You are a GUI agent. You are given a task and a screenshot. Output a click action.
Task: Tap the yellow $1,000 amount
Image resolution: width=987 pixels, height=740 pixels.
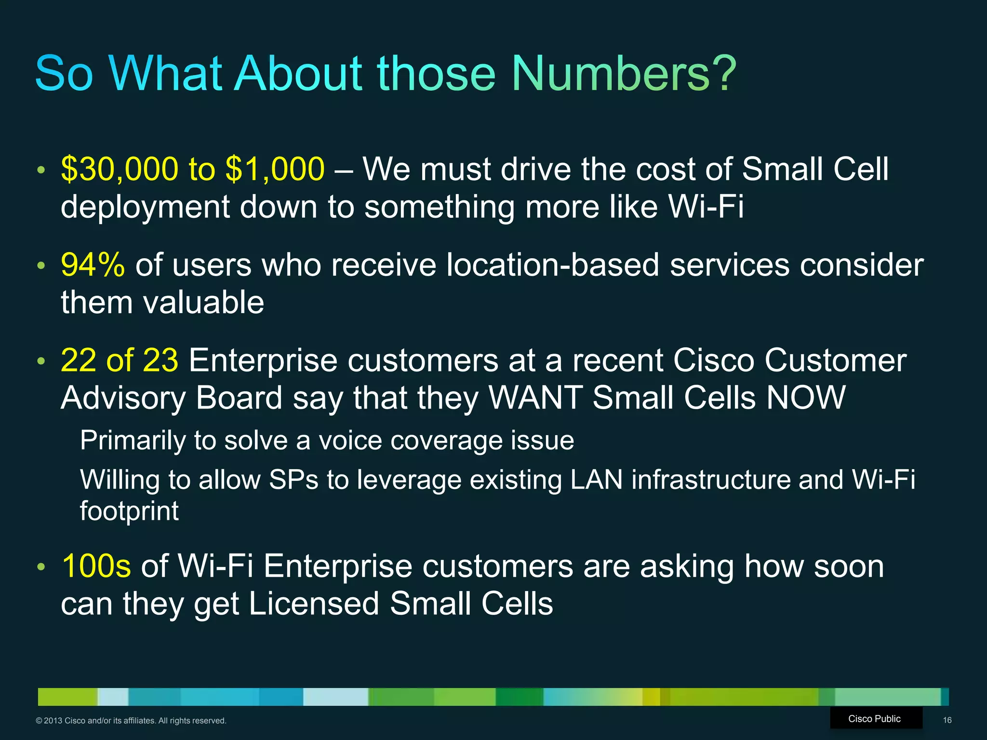click(x=275, y=169)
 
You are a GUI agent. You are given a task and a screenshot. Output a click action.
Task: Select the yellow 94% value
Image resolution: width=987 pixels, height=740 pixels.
click(x=93, y=265)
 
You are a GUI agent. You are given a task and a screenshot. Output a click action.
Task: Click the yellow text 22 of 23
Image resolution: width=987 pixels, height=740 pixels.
click(x=120, y=360)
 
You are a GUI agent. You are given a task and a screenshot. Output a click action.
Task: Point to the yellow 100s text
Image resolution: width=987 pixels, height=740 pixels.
click(x=96, y=566)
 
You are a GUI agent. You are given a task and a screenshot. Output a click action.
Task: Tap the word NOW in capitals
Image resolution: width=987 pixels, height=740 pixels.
click(x=806, y=398)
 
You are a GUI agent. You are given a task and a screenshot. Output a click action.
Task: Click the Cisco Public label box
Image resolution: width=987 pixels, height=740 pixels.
click(x=875, y=719)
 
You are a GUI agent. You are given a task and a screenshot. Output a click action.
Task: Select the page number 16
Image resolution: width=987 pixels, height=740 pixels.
click(x=947, y=720)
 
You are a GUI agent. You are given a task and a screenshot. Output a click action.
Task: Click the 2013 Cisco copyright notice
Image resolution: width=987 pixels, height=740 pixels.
click(x=131, y=721)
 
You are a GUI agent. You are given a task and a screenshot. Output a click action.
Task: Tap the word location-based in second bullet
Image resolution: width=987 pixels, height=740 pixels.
click(x=552, y=265)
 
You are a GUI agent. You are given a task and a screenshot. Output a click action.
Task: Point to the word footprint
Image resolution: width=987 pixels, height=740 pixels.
click(x=129, y=511)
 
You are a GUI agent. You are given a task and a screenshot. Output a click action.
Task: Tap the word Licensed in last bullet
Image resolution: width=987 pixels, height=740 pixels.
click(x=314, y=604)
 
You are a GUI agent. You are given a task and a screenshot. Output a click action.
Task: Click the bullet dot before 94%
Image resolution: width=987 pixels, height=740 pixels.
click(x=41, y=265)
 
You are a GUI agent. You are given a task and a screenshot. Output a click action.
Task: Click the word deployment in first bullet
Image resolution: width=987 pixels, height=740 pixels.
click(x=145, y=207)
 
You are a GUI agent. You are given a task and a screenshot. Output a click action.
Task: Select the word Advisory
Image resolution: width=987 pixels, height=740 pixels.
click(x=123, y=398)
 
